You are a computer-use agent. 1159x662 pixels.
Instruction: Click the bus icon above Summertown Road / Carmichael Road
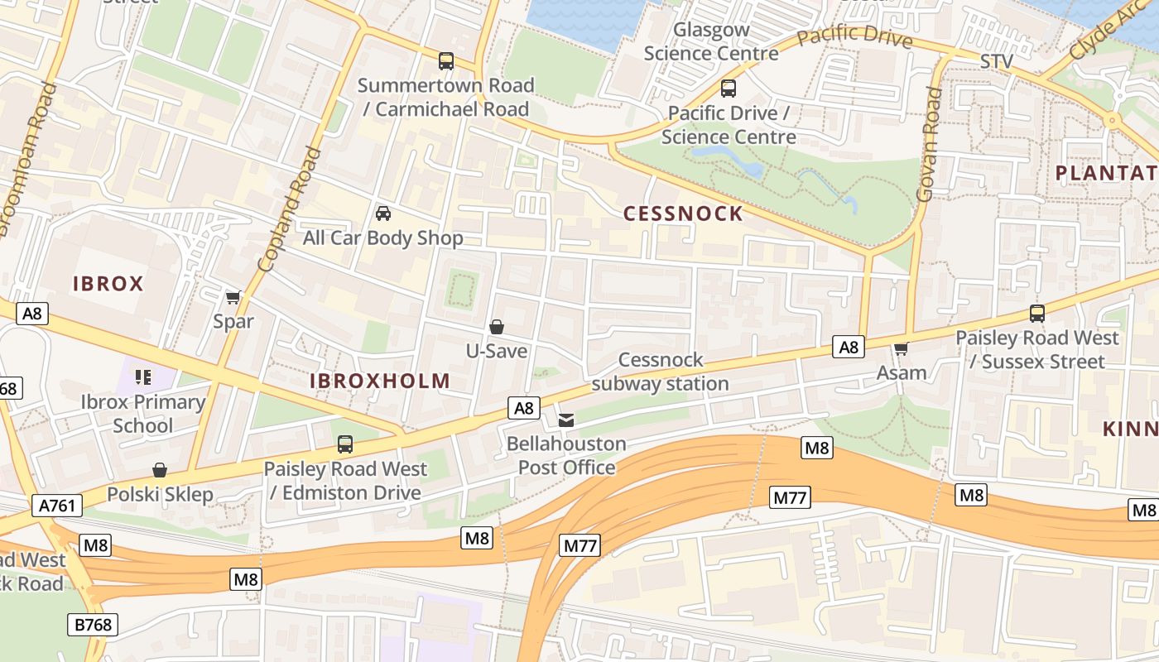[446, 60]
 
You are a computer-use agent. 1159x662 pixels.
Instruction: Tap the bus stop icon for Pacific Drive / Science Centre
[729, 88]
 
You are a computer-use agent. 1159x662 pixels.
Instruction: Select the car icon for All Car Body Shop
[383, 213]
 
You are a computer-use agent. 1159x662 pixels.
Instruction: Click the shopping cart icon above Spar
[233, 297]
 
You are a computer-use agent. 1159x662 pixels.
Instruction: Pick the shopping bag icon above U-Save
[497, 327]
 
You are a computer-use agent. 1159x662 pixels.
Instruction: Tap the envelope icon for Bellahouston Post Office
[566, 420]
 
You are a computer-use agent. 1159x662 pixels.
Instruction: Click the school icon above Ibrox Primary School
[143, 377]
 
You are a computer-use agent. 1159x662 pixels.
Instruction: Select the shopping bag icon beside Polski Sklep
[160, 470]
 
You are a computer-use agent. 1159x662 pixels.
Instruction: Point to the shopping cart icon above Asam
[902, 348]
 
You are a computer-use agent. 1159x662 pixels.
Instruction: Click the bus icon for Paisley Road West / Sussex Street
[1037, 313]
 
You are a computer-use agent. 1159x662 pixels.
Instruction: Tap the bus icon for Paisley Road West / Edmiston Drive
[345, 444]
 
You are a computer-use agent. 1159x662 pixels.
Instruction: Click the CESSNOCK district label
[683, 213]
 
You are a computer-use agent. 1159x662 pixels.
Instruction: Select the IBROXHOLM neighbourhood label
[380, 381]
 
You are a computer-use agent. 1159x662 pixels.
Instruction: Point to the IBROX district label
[108, 284]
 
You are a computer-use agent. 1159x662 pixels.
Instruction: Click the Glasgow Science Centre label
[711, 41]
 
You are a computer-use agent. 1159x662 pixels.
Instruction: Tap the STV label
[996, 62]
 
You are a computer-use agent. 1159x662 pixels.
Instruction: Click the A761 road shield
[57, 505]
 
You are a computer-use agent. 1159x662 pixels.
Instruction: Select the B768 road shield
[92, 624]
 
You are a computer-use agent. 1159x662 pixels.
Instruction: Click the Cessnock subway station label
[660, 372]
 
